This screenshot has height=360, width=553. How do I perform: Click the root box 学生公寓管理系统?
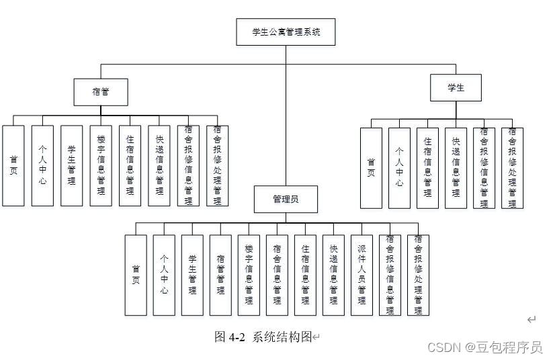pos(286,32)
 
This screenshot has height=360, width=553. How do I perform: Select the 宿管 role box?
pos(100,92)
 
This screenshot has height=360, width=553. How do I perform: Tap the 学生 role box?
pos(456,87)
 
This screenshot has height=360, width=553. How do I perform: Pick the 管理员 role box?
pos(286,199)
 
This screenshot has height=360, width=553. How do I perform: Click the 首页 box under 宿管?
pos(13,165)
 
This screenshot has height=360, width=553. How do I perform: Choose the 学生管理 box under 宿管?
pos(71,165)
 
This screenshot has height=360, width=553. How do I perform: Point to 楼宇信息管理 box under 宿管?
pos(101,165)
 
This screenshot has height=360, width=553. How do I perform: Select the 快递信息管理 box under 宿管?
pos(159,165)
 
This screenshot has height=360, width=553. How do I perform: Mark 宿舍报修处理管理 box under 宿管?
pos(217,165)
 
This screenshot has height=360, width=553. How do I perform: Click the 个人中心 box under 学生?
pos(399,168)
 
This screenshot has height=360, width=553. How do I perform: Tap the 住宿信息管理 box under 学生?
pos(427,168)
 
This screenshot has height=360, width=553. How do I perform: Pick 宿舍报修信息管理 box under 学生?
pos(484,168)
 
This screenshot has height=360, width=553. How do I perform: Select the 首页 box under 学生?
pos(371,168)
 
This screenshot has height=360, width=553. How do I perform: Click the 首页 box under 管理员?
pos(136,275)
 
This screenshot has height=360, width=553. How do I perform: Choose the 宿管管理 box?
pos(220,275)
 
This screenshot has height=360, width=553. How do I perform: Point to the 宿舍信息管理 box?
pos(277,275)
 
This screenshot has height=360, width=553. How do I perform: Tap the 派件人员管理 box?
pos(361,275)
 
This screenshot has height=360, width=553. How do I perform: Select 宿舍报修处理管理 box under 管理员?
pos(418,275)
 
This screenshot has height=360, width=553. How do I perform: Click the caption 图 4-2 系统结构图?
pos(263,337)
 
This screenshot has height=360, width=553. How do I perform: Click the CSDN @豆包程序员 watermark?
pos(484,347)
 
